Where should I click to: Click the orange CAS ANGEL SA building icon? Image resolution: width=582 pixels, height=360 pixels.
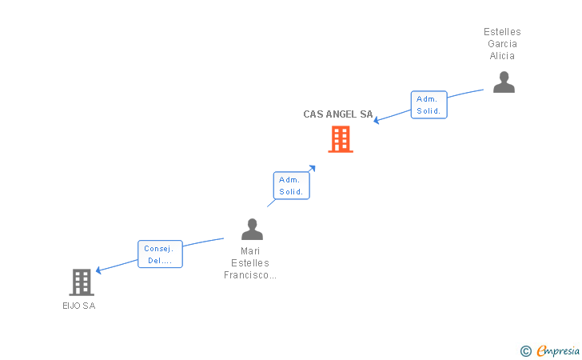pyautogui.click(x=341, y=139)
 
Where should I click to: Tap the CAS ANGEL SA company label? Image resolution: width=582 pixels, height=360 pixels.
pyautogui.click(x=338, y=114)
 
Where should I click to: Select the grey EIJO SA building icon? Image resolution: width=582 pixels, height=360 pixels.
pyautogui.click(x=82, y=282)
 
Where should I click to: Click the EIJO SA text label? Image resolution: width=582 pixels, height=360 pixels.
pyautogui.click(x=78, y=306)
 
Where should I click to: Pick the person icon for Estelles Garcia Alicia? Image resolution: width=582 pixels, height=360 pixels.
pyautogui.click(x=504, y=82)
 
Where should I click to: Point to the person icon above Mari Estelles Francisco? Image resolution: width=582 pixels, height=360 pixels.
pyautogui.click(x=252, y=230)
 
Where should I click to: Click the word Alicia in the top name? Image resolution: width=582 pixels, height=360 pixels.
pyautogui.click(x=502, y=56)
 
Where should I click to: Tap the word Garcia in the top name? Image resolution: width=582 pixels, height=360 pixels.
pyautogui.click(x=502, y=44)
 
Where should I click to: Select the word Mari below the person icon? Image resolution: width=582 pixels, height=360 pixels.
pyautogui.click(x=250, y=251)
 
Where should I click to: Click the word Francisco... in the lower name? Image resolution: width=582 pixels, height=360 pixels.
pyautogui.click(x=250, y=275)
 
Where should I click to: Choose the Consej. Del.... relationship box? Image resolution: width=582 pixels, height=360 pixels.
pyautogui.click(x=160, y=254)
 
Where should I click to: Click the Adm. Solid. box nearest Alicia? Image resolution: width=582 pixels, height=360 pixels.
pyautogui.click(x=429, y=105)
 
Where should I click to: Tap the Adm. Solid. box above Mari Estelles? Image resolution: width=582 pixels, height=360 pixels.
pyautogui.click(x=291, y=186)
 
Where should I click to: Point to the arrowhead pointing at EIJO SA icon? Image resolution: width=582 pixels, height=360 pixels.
pyautogui.click(x=98, y=270)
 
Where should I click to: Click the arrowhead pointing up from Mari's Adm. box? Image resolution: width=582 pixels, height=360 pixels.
pyautogui.click(x=313, y=167)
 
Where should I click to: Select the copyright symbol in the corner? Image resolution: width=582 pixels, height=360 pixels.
pyautogui.click(x=525, y=350)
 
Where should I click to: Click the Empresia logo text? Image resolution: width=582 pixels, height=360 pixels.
pyautogui.click(x=557, y=350)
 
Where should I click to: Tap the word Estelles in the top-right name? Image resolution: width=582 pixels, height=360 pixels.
pyautogui.click(x=502, y=32)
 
